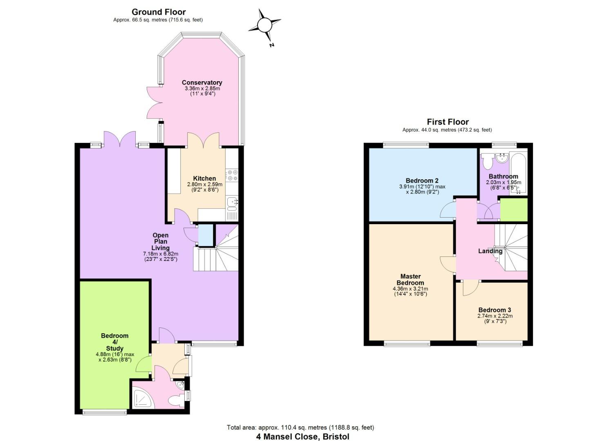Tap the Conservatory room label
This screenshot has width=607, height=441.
(202, 83)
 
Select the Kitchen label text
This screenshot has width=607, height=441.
(204, 178)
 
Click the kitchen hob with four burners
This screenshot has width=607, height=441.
(232, 175)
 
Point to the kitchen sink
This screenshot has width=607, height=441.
(232, 203)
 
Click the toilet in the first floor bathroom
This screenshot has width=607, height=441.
(487, 162)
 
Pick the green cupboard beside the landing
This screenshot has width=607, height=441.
(514, 209)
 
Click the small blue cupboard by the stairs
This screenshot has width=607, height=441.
(206, 235)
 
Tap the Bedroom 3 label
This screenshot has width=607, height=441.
(495, 310)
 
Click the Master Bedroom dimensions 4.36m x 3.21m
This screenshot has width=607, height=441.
(410, 289)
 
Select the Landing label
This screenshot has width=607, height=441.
(490, 251)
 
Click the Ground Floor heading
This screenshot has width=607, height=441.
(159, 12)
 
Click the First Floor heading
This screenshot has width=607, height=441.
(448, 122)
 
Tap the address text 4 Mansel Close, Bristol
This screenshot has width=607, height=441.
(302, 437)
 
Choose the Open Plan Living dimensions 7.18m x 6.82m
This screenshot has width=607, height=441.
(160, 254)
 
